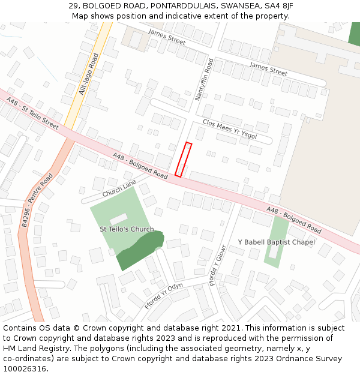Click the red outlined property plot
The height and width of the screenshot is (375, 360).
click(184, 159)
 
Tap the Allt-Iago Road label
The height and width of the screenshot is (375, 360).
click(88, 74)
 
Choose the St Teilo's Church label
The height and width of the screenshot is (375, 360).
click(127, 229)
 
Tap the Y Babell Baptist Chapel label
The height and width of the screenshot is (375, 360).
click(276, 242)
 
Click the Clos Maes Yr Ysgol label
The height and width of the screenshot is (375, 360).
click(230, 129)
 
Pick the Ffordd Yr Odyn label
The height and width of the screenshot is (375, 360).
click(163, 296)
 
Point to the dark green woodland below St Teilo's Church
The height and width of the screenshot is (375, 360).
click(140, 250)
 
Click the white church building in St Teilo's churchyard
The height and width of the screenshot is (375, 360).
click(118, 219)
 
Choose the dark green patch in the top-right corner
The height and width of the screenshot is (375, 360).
click(354, 34)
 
